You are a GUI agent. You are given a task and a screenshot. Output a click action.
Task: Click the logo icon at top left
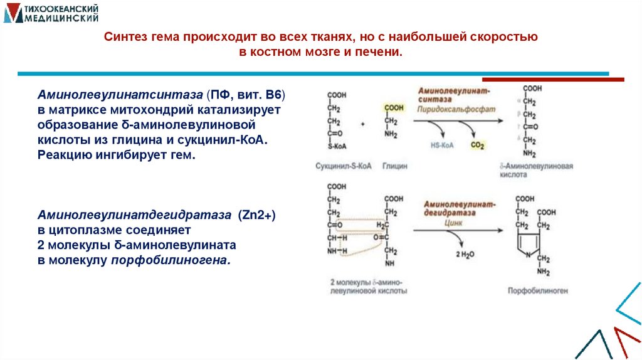(x=13, y=13)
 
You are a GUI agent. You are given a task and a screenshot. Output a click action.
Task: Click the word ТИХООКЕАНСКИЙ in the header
(x=60, y=9)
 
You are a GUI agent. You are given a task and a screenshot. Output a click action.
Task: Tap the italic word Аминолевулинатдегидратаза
(x=134, y=215)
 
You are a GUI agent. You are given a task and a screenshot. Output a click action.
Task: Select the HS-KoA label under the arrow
(x=443, y=145)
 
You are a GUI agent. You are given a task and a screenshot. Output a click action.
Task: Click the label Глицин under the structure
(x=396, y=166)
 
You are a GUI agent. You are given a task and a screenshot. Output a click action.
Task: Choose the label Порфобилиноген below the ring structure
(x=538, y=291)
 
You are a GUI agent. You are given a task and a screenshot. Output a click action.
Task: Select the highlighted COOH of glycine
(x=395, y=107)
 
